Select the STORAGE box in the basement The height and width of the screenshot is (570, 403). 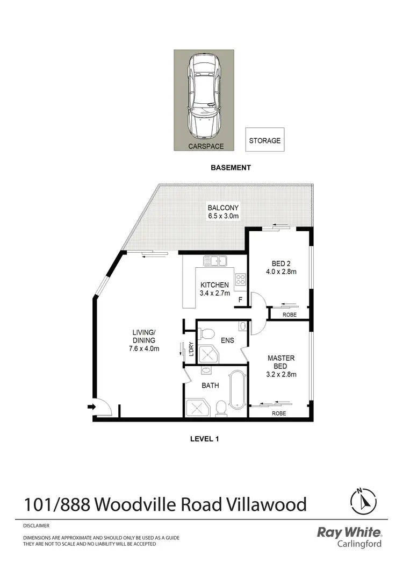click(x=264, y=140)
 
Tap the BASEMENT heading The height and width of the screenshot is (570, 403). click(x=230, y=168)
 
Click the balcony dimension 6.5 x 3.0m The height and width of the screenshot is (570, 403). click(x=223, y=216)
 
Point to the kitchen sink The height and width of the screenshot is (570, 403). click(x=215, y=261)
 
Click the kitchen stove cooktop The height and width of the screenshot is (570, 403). click(x=240, y=280)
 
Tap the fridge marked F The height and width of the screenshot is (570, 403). click(x=240, y=300)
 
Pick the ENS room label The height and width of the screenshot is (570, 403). click(x=227, y=340)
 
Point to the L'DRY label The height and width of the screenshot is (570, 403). click(x=191, y=350)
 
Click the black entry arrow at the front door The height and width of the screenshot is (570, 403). click(x=91, y=407)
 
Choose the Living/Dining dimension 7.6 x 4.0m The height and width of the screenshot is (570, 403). click(x=144, y=348)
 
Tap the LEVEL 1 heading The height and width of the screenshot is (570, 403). click(x=205, y=438)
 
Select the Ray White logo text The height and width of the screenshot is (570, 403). click(x=349, y=532)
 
